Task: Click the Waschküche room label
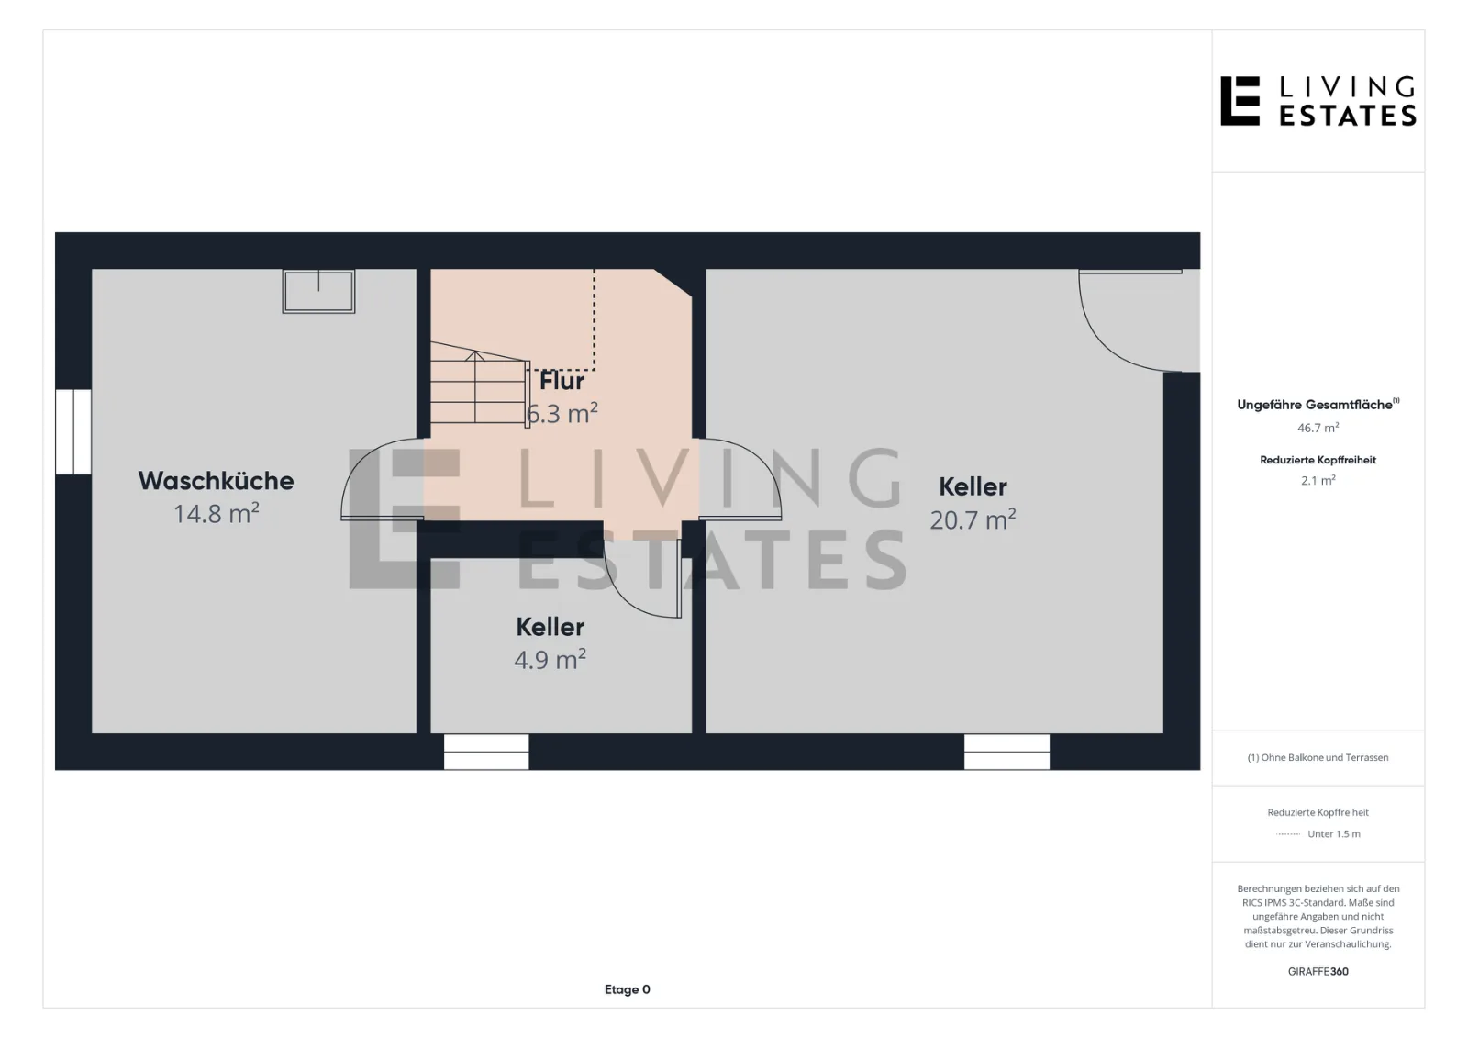point(216,481)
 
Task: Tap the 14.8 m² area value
point(216,513)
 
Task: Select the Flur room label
point(562,381)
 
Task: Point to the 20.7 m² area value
point(973,519)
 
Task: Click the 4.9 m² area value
point(550,659)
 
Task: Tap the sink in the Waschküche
point(318,291)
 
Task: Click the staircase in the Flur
point(480,385)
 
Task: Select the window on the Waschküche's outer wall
point(73,431)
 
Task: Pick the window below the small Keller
point(486,752)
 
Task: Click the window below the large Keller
point(1006,752)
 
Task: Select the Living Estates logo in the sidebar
point(1318,101)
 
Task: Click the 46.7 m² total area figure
point(1318,429)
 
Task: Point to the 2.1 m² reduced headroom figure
point(1318,481)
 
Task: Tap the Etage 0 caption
point(628,989)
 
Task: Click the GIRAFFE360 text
point(1318,971)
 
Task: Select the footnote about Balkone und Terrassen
point(1318,757)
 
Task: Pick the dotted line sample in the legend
point(1288,834)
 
